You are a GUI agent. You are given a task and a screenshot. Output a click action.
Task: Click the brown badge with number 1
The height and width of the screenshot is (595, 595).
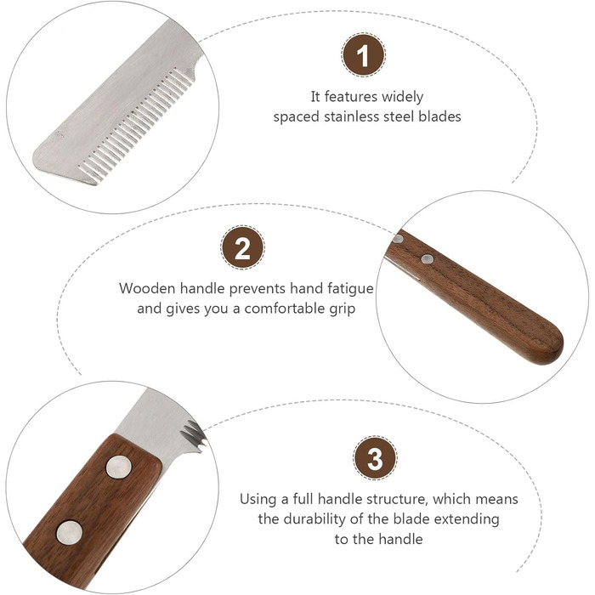(x=363, y=55)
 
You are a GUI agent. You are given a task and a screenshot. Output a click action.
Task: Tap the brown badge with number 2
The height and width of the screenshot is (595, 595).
(x=242, y=247)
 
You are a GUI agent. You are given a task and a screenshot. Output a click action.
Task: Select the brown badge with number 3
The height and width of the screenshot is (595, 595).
(x=375, y=458)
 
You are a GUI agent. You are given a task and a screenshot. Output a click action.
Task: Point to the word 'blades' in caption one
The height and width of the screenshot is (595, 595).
(x=439, y=116)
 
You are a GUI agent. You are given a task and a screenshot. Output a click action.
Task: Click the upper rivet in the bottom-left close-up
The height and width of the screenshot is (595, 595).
(x=118, y=467)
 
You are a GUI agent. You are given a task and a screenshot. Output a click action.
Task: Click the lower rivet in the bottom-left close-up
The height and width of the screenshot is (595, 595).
(x=69, y=533)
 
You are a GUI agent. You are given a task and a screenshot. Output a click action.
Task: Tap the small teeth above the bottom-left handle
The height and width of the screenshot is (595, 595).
(x=195, y=435)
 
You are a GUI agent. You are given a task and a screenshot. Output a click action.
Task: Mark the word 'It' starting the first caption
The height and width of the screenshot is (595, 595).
(x=315, y=97)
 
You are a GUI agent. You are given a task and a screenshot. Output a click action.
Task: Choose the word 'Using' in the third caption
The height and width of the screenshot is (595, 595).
(x=258, y=500)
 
